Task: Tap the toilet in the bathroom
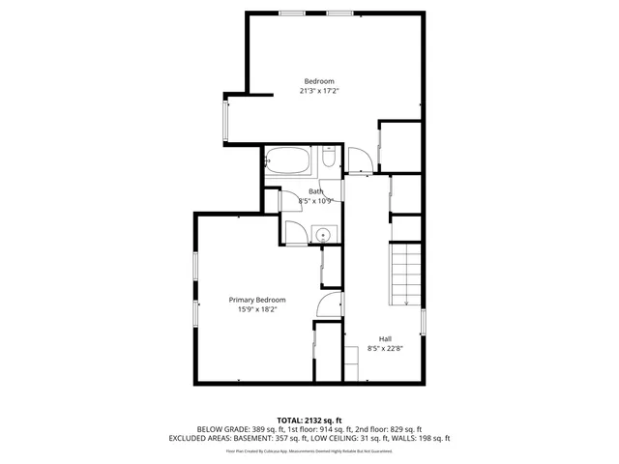point(329,160)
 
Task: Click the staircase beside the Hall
point(406,275)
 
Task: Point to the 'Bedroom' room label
point(319,80)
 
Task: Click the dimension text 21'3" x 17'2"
point(319,91)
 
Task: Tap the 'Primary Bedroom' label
point(257,300)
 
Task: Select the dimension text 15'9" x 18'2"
point(257,310)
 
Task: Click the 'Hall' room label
point(385,338)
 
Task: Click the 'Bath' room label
point(316,191)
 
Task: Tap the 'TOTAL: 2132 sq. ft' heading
point(309,420)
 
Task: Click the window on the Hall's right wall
point(424,321)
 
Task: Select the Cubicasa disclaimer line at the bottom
point(309,449)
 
